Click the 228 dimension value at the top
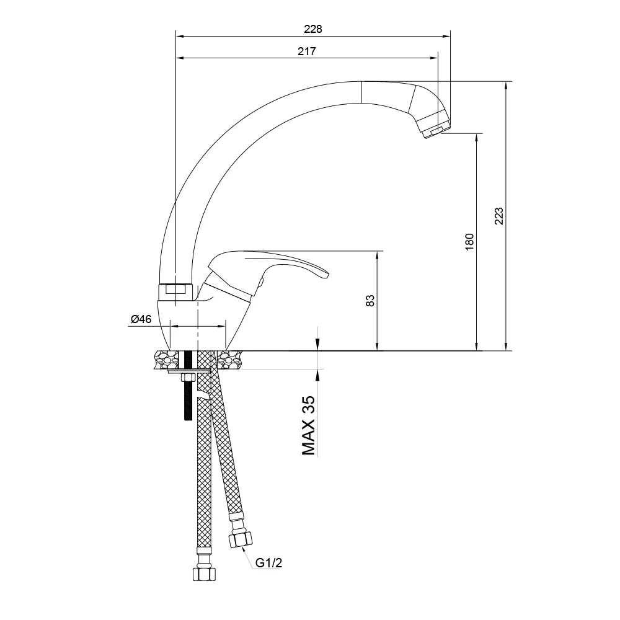pos(314,29)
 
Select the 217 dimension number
pos(307,52)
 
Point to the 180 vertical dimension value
pos(469,241)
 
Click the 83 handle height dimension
pos(370,301)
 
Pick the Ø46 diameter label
pos(141,319)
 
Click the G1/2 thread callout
pos(269,563)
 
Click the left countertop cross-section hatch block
pos(166,360)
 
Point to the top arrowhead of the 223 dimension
pos(506,85)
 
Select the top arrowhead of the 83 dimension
pos(376,254)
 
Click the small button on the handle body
pos(260,285)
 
